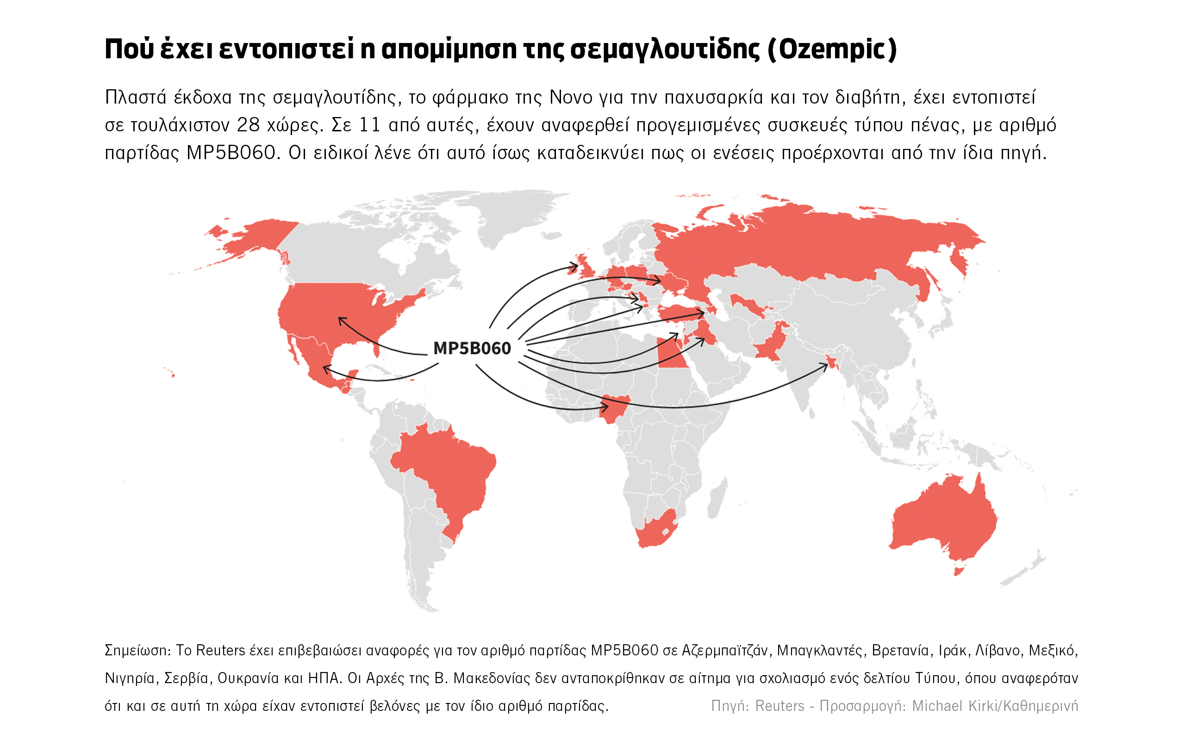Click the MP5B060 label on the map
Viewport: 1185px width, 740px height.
tap(472, 348)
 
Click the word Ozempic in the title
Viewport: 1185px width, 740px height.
tap(832, 49)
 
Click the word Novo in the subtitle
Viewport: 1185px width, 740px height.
tap(571, 98)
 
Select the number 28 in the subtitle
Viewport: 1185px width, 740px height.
tap(248, 125)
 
